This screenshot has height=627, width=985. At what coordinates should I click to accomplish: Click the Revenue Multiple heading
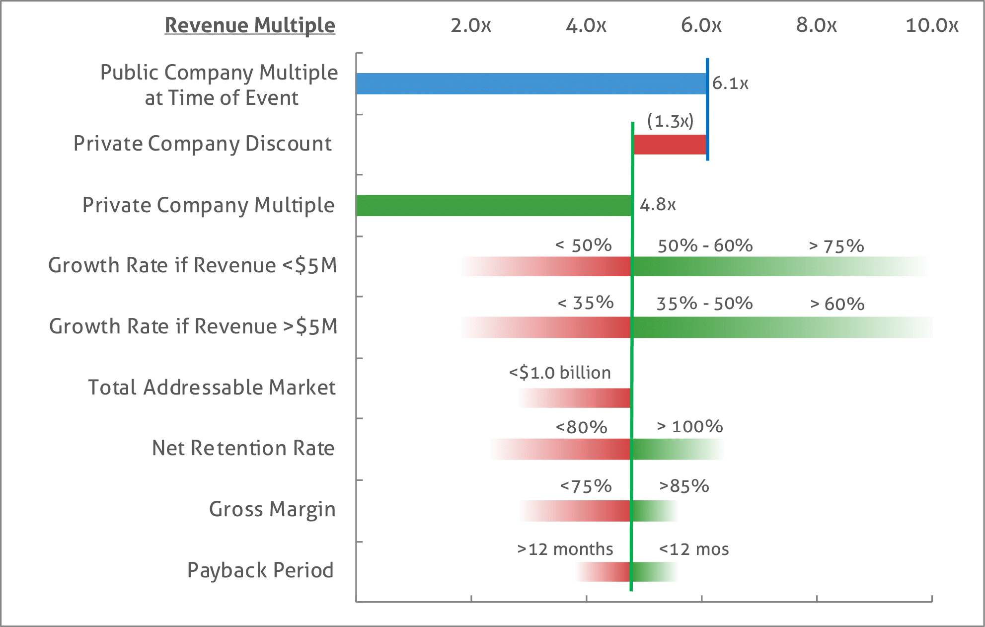(x=250, y=25)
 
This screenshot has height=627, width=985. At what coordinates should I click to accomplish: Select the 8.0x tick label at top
(x=816, y=25)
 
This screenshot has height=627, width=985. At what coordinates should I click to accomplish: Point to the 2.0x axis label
(x=470, y=25)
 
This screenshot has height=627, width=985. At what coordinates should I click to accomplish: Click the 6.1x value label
(x=730, y=83)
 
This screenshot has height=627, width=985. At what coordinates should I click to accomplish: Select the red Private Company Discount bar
(x=670, y=144)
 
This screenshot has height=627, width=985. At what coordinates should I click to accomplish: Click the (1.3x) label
(x=670, y=121)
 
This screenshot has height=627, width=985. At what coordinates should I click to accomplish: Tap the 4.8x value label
(x=657, y=205)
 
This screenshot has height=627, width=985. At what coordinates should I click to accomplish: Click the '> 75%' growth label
(x=836, y=246)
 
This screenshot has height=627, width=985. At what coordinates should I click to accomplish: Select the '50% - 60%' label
(x=705, y=245)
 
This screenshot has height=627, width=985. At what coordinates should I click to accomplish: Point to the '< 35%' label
(x=586, y=303)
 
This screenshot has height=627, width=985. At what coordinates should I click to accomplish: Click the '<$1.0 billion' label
(x=560, y=373)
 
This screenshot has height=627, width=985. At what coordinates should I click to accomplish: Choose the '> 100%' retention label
(x=689, y=426)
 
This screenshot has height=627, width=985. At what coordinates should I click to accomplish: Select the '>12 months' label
(x=565, y=549)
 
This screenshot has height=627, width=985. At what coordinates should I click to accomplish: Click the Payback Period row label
(x=260, y=570)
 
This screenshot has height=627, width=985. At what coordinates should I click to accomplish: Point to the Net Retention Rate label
(x=243, y=448)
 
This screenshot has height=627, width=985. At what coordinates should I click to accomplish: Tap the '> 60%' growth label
(x=837, y=304)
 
